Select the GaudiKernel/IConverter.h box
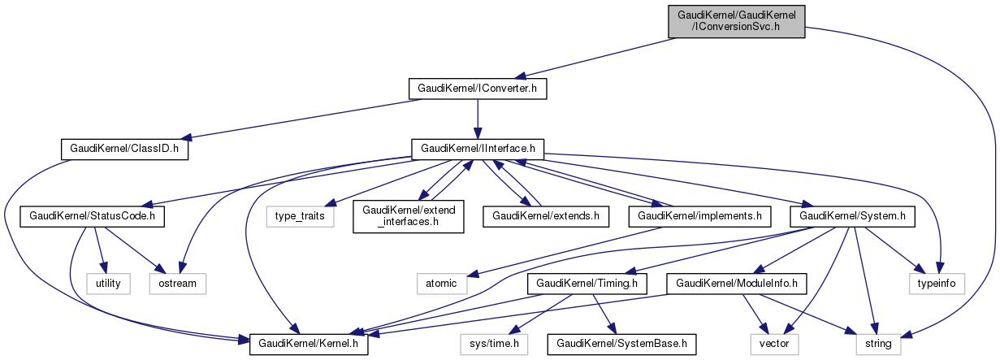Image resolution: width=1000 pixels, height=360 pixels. [x=477, y=88]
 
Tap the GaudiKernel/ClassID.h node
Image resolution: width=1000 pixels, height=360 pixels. [x=124, y=150]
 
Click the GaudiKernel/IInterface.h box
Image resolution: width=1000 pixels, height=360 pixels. [x=477, y=150]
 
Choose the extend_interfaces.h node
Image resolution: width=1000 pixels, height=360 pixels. [x=408, y=217]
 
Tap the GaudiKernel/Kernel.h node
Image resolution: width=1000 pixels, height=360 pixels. [x=309, y=345]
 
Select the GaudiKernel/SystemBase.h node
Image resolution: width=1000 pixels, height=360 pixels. [x=621, y=345]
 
